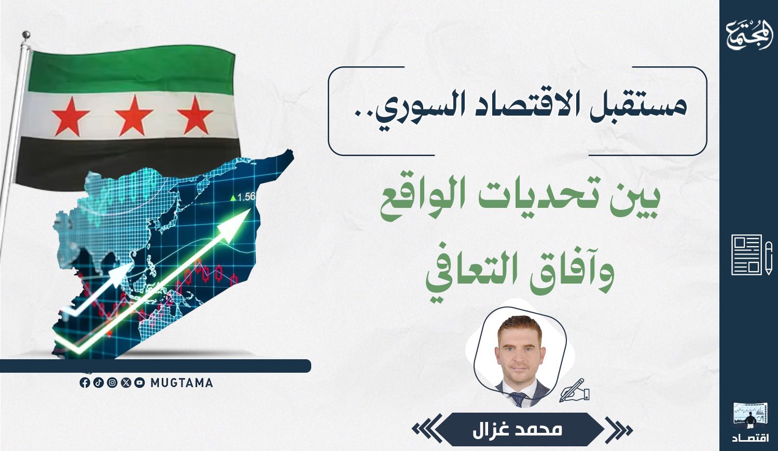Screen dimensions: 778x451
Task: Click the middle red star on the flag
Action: (x=134, y=116)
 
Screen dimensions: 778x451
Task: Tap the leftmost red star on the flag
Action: (x=71, y=117)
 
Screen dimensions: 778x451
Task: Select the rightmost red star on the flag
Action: (x=195, y=115)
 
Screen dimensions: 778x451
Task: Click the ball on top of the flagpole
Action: (x=26, y=35)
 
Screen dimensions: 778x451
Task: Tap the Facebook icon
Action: (x=85, y=383)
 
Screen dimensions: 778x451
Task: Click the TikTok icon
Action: (x=99, y=383)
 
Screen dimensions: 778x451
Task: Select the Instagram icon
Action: (x=112, y=383)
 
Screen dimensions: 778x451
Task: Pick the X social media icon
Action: (x=126, y=383)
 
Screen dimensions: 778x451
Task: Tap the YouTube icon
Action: (x=140, y=383)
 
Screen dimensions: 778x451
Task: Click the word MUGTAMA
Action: (x=182, y=383)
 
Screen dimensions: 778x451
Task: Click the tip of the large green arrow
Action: (x=250, y=209)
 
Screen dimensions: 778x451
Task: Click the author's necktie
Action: (x=519, y=399)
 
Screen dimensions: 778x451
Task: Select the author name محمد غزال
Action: (x=517, y=430)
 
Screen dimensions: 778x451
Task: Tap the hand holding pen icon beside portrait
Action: (x=574, y=390)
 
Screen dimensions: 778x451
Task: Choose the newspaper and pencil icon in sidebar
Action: (x=752, y=255)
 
